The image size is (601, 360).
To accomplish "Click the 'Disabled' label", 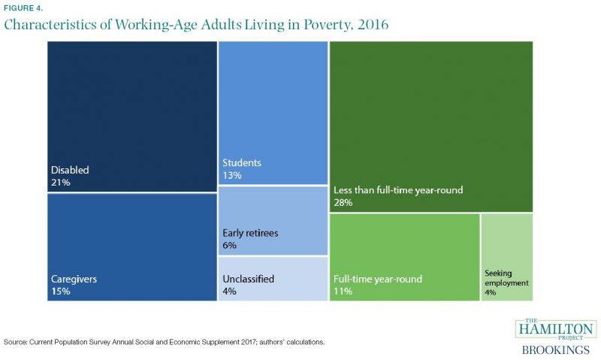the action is (70, 170).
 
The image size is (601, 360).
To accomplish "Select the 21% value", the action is (61, 183).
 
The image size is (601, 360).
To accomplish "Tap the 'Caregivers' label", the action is (74, 279).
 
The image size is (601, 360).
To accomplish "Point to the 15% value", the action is (61, 292).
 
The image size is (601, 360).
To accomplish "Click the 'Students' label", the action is (242, 162).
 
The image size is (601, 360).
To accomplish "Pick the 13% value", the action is (232, 175).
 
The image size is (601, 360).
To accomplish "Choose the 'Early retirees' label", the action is (250, 233).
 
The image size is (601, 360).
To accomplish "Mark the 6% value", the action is (229, 245).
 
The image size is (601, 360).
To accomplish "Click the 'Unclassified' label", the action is (249, 279).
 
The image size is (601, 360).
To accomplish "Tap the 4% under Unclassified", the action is (229, 292).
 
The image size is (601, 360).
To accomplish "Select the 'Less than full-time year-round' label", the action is (398, 190).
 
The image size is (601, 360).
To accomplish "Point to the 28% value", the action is (343, 202).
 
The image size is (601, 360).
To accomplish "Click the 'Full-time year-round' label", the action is (378, 279).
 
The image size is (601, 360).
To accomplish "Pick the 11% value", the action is (343, 292).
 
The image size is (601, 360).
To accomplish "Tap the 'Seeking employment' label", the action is (506, 278).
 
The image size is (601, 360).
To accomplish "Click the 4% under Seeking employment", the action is (491, 292).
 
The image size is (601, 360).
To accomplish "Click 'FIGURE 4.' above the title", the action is (23, 8).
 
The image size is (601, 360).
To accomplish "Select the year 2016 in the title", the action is (373, 25).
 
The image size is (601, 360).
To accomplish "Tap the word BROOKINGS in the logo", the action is (556, 350).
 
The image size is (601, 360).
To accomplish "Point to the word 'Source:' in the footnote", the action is (15, 342).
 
